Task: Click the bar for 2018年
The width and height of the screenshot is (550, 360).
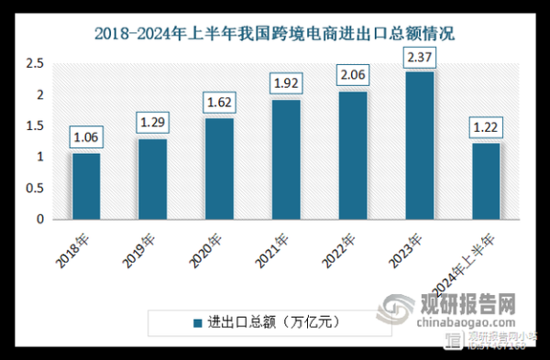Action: pos(86,186)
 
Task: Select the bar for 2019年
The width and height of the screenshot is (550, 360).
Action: pos(152,179)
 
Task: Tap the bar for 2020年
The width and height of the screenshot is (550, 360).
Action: pos(219,169)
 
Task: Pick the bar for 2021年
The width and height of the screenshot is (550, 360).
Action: pos(285,159)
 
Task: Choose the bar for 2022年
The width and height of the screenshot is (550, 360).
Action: pos(352,155)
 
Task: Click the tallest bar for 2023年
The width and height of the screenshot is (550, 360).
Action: pos(419,146)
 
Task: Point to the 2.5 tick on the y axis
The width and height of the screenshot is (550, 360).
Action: pos(35,63)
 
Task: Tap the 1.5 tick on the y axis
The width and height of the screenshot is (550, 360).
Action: pos(35,126)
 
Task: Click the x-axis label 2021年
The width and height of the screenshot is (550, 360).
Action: pos(275,247)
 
